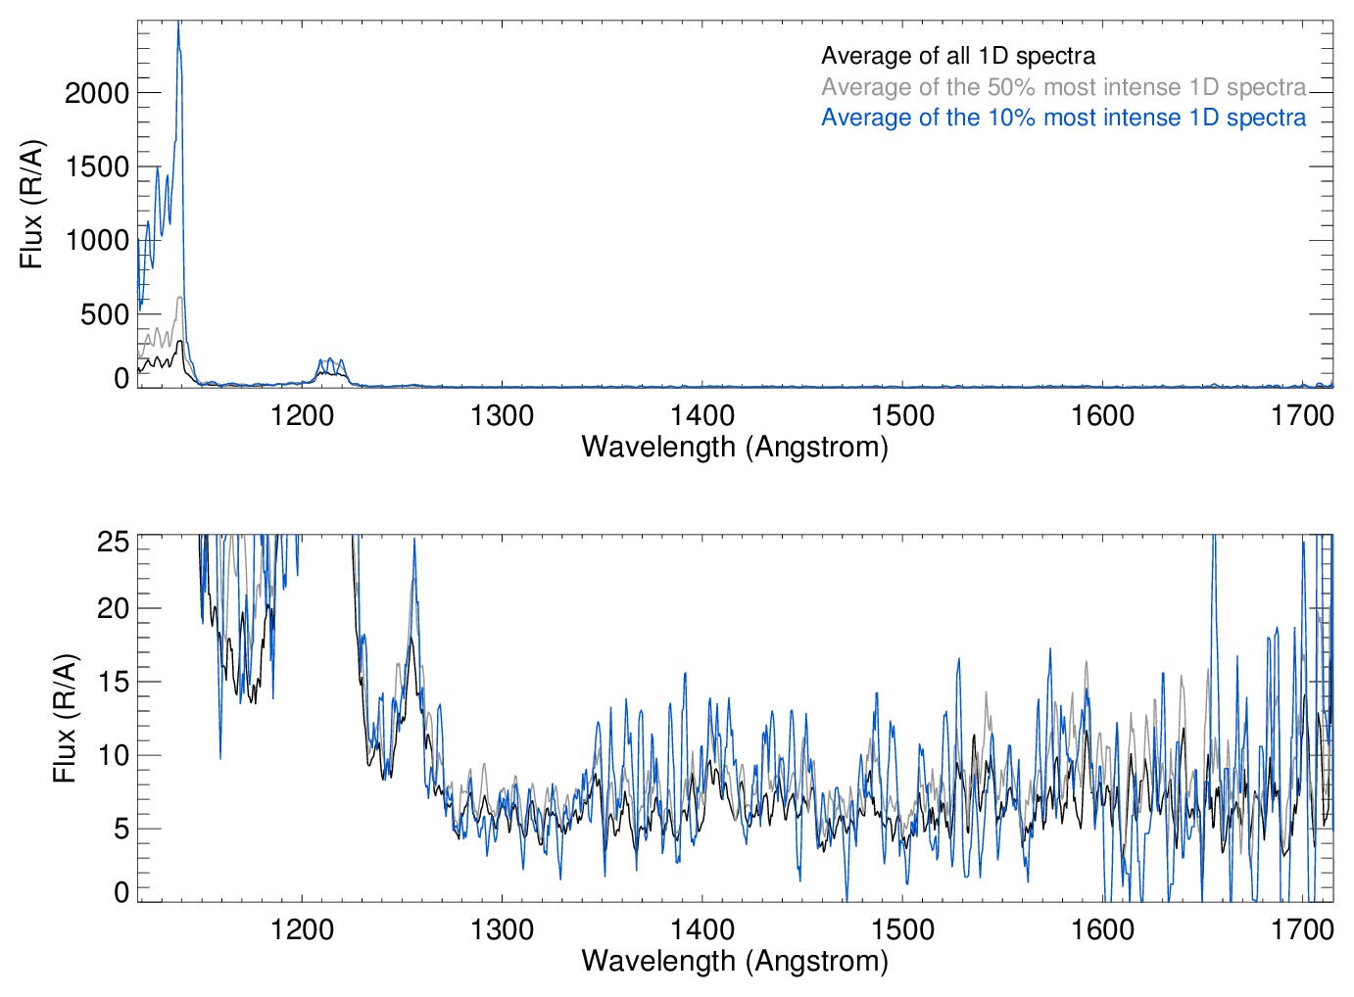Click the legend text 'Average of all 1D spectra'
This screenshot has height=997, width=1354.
[957, 56]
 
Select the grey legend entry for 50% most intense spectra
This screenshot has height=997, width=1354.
[1063, 87]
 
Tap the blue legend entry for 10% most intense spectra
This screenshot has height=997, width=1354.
[1063, 118]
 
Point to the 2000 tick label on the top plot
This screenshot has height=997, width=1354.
[96, 93]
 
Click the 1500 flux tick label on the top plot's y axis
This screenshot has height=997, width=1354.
[96, 166]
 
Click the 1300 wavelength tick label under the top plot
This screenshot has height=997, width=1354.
[502, 415]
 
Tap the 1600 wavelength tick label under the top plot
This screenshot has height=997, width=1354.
[1102, 415]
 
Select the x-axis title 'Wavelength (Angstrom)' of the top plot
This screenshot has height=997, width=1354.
[735, 447]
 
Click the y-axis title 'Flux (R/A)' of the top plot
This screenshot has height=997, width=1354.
[31, 204]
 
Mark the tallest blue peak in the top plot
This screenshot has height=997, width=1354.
[178, 24]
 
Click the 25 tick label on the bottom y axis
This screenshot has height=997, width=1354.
[114, 542]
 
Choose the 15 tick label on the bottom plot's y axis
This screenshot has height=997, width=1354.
[114, 682]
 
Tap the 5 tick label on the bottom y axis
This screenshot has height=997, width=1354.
[121, 829]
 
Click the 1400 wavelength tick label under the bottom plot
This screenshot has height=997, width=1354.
[701, 928]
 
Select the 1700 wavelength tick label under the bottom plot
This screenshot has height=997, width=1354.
[1302, 928]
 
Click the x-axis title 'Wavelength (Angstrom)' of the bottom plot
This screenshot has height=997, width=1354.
[735, 961]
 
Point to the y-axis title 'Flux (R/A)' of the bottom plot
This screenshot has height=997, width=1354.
[65, 718]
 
